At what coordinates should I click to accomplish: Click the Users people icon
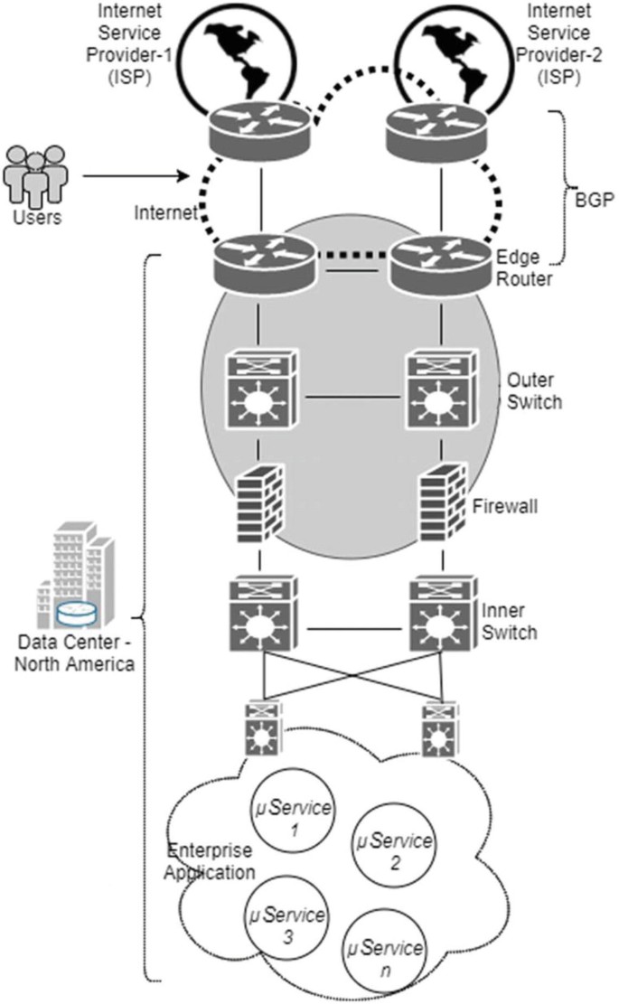point(34,175)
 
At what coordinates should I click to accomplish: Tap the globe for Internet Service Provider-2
point(440,54)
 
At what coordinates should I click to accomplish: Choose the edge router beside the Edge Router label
point(440,262)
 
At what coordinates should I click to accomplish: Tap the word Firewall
point(506,506)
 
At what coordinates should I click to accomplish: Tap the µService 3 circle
point(286,924)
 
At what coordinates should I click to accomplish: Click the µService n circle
point(385,959)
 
